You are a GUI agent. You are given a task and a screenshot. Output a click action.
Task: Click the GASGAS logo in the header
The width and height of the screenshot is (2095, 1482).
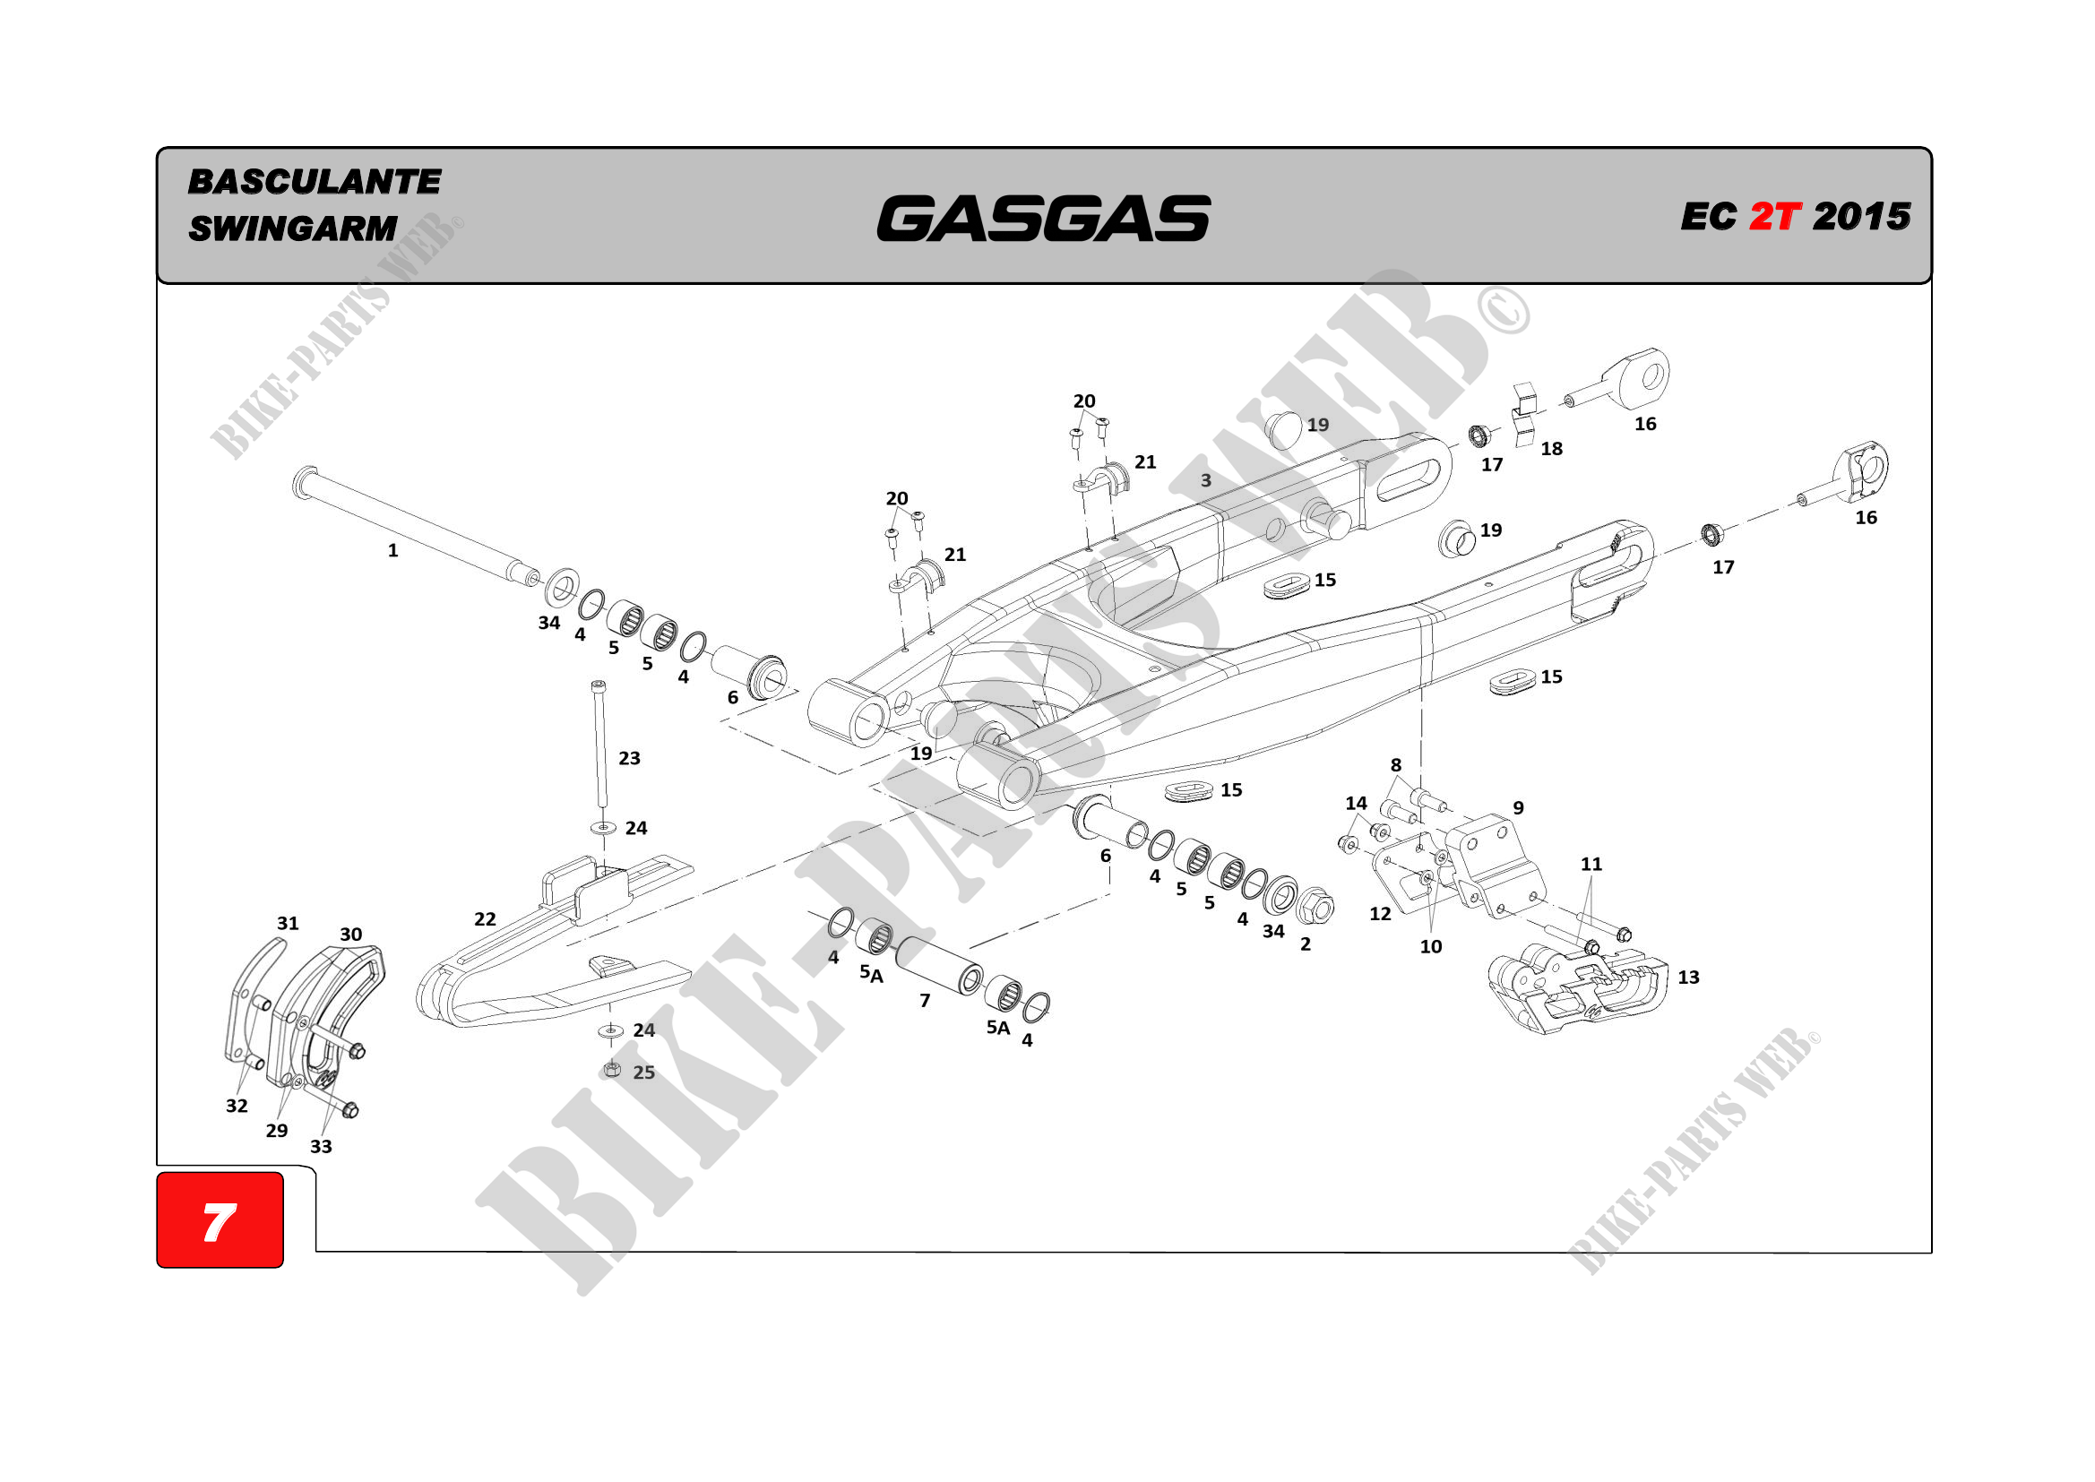tap(1043, 218)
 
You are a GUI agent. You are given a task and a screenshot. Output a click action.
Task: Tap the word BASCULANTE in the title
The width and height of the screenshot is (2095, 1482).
tap(314, 182)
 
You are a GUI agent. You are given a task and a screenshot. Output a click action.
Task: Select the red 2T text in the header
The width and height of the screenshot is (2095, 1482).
tap(1775, 217)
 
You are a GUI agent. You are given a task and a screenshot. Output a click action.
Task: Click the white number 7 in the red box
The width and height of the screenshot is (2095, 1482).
tap(219, 1222)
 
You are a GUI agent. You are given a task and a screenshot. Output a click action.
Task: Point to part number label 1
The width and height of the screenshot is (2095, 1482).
tap(392, 550)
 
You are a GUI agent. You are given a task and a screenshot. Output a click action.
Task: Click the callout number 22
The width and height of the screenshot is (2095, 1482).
tap(485, 919)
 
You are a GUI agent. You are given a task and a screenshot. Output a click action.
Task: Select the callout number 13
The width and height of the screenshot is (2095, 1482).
tap(1688, 978)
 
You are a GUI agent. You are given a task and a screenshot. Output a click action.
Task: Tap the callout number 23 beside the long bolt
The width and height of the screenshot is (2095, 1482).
tap(629, 758)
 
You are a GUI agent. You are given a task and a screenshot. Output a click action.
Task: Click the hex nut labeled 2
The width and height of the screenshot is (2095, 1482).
tap(1315, 907)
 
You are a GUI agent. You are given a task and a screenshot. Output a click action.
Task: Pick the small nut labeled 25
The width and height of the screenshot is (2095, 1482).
tap(612, 1070)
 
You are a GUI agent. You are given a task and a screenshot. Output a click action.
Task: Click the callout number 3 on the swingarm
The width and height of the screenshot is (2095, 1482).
tap(1205, 480)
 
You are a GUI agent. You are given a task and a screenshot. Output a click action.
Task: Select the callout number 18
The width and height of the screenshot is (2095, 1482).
tap(1551, 449)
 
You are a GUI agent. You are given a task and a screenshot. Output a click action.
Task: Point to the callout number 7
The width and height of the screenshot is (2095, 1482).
tap(925, 1001)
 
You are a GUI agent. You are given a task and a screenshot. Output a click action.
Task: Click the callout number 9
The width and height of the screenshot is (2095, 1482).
tap(1518, 807)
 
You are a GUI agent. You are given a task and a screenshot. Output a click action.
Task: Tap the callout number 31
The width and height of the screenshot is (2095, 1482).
tap(288, 924)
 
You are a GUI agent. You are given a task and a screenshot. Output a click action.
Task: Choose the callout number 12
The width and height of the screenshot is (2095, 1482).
tap(1380, 913)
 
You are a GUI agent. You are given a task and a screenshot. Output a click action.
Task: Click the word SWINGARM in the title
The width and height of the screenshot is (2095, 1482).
tap(293, 228)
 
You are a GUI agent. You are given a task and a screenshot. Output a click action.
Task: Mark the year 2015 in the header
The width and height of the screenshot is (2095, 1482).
tap(1861, 217)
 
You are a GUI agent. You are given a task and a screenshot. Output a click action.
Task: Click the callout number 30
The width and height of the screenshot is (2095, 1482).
tap(350, 935)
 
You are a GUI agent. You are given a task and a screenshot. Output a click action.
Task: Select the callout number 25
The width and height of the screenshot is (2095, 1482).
tap(644, 1073)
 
